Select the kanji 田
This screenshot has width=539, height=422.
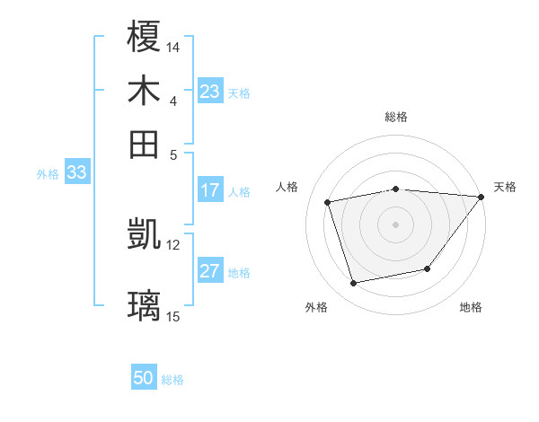tap(144, 144)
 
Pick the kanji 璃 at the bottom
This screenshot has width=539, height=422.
tap(144, 306)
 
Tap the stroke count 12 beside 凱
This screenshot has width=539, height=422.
tap(173, 244)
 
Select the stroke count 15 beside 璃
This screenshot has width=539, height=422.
tap(173, 316)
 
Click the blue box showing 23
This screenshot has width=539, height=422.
tap(210, 92)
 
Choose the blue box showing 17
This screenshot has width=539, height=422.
tap(210, 190)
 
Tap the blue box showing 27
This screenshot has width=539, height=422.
tap(210, 271)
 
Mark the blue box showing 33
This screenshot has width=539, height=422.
tap(76, 172)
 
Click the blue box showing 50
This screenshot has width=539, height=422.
tap(144, 378)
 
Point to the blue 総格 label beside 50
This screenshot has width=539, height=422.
tap(173, 380)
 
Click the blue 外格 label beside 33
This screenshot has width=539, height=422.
tap(48, 174)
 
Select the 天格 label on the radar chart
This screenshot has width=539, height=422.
tap(505, 187)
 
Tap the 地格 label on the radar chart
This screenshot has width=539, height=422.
tap(471, 307)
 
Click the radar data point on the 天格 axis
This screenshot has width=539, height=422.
tap(482, 197)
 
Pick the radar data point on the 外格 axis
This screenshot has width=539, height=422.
tap(354, 284)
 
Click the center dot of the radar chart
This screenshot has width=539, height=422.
tap(395, 224)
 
